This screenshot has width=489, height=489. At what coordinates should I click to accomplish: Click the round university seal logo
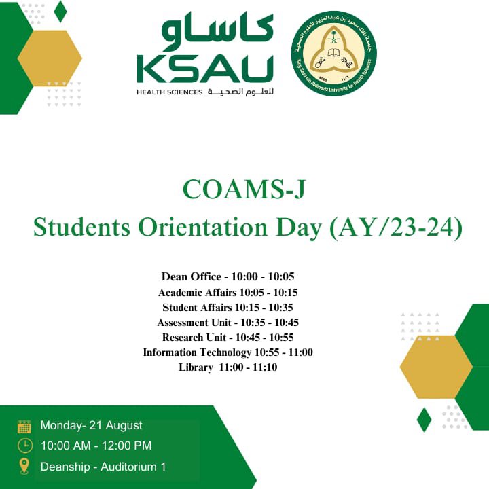pyautogui.click(x=334, y=54)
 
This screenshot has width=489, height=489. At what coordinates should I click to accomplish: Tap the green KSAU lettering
pyautogui.click(x=204, y=69)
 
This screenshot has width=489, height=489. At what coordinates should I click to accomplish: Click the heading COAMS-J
pyautogui.click(x=244, y=190)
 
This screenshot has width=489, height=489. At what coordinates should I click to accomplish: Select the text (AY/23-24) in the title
pyautogui.click(x=395, y=228)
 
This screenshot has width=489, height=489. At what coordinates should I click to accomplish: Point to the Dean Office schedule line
pyautogui.click(x=228, y=277)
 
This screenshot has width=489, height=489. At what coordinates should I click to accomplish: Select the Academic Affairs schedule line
pyautogui.click(x=228, y=293)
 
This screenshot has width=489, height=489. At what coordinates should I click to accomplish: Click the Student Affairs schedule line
pyautogui.click(x=228, y=308)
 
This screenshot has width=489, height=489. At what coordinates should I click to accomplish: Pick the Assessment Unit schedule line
pyautogui.click(x=228, y=323)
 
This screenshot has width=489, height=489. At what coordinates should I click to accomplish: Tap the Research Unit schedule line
pyautogui.click(x=228, y=338)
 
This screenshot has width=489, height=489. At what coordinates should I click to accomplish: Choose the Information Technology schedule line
pyautogui.click(x=228, y=352)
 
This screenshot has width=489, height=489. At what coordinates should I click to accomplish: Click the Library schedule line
pyautogui.click(x=228, y=367)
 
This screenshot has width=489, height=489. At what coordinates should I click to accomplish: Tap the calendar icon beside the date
pyautogui.click(x=24, y=427)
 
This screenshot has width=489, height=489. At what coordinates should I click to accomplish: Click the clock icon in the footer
pyautogui.click(x=24, y=446)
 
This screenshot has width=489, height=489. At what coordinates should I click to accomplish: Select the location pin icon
pyautogui.click(x=24, y=466)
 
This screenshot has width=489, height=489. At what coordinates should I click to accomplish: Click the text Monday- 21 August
pyautogui.click(x=91, y=426)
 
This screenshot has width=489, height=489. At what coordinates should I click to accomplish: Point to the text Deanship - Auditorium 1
pyautogui.click(x=103, y=467)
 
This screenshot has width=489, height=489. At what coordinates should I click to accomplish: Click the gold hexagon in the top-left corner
pyautogui.click(x=50, y=58)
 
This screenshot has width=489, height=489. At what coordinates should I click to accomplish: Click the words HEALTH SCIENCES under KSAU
pyautogui.click(x=169, y=92)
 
